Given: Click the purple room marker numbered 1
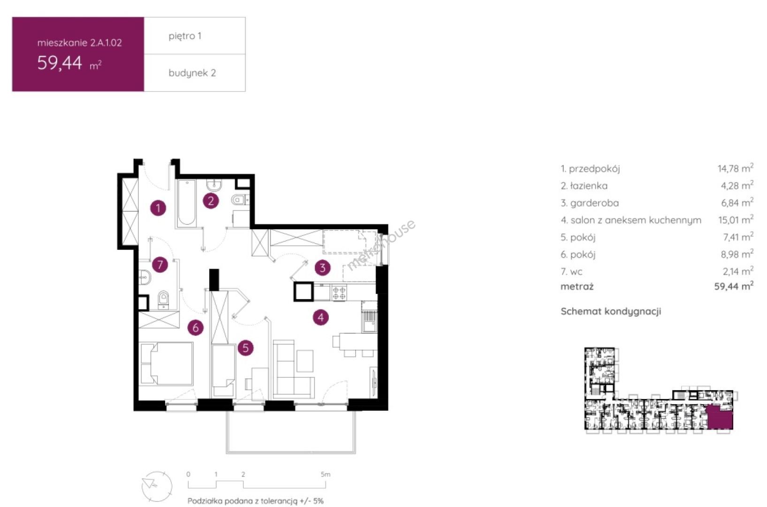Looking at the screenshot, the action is [x=158, y=208].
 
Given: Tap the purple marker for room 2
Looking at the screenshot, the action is [x=211, y=201].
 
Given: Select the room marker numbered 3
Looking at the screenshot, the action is [x=323, y=268].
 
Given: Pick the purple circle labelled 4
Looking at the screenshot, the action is [x=321, y=317].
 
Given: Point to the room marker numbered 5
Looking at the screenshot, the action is [x=245, y=348].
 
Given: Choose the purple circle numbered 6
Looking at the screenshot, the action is [x=196, y=328].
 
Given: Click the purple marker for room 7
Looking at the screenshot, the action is [x=160, y=264].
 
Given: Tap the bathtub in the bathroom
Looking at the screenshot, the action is [x=187, y=203].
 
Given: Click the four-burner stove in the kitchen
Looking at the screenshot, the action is [x=339, y=292].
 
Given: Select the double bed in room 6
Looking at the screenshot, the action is [x=167, y=363].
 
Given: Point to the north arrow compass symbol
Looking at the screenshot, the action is [x=157, y=486].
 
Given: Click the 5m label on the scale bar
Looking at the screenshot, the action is [x=326, y=475].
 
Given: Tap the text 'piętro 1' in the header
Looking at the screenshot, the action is [x=185, y=36].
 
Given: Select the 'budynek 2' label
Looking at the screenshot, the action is [x=192, y=73].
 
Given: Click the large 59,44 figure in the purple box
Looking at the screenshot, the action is [x=60, y=63].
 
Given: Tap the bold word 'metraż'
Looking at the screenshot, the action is [x=577, y=286].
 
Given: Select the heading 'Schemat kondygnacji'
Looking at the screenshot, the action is [x=611, y=311].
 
